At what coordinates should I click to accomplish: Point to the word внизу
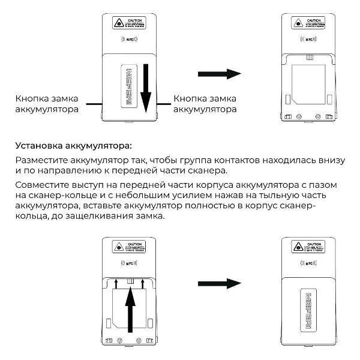329,161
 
